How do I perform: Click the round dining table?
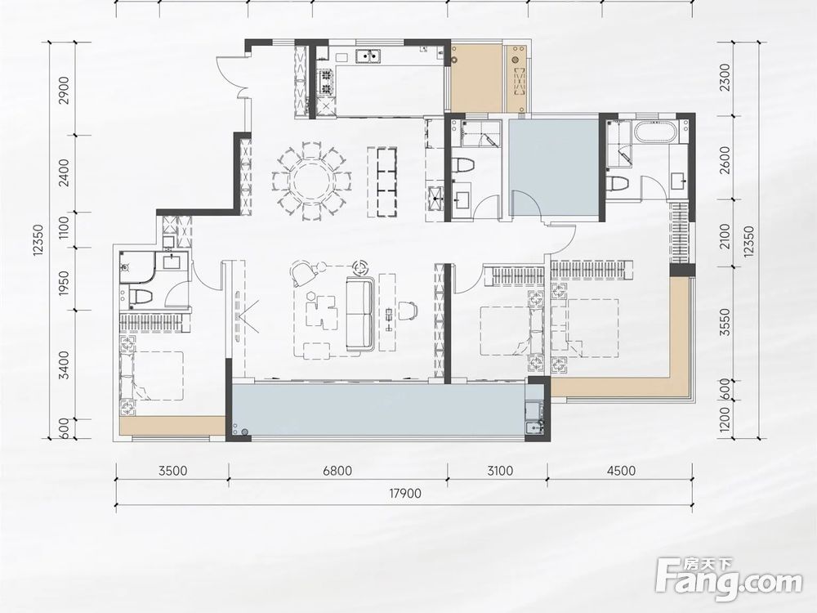pos(311,181)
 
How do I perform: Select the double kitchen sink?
pos(369,55)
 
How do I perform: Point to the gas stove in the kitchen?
pos(326,83)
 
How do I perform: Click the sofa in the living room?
pos(360,315)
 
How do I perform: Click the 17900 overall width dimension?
pos(405,493)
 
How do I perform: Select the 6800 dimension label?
pos(337,471)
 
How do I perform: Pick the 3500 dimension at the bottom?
pos(172,471)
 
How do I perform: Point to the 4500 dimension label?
pos(621,471)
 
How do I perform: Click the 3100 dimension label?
pos(499,471)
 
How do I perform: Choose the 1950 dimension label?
pos(64,284)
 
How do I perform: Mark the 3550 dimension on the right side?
pos(725,323)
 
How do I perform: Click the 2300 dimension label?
pos(725,78)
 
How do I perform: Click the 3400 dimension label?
pos(64,365)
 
